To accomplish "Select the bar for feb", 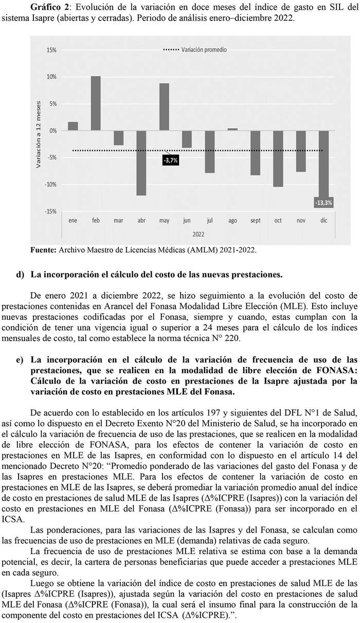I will (96, 103).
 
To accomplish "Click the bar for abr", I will (141, 163).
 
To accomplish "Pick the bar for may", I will (164, 107).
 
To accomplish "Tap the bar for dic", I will (323, 164).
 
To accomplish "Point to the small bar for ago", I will (232, 130).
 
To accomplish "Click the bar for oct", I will (278, 158).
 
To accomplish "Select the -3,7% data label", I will (170, 160).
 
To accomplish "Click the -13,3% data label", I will (323, 203).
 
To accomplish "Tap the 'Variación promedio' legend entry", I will (204, 50).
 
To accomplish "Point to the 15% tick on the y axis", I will (51, 50).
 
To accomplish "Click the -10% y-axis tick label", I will (50, 184).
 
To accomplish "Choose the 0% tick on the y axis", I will (53, 131).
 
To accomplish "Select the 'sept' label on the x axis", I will (255, 221).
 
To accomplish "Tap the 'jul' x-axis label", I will (210, 221).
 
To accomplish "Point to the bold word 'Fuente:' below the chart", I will (44, 250).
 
